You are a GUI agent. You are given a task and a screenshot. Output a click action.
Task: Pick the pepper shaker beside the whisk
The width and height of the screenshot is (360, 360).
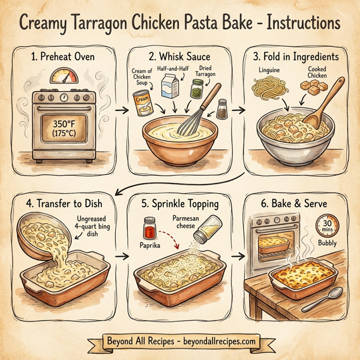223,109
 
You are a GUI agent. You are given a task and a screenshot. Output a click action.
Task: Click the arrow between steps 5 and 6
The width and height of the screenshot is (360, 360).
239,256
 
